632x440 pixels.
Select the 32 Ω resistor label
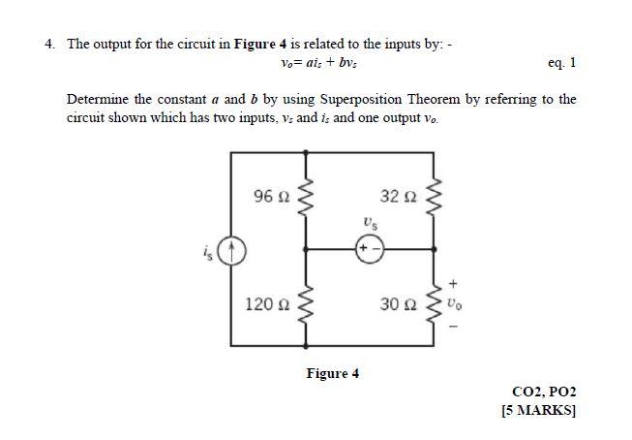tap(397, 198)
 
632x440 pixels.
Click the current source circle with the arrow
tap(232, 253)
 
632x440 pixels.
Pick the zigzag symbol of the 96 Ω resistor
tap(308, 199)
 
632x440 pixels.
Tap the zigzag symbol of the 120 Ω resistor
tap(308, 303)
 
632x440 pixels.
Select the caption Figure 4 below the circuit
tap(332, 373)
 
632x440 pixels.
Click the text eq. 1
tap(561, 63)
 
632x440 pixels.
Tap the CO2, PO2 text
tap(543, 392)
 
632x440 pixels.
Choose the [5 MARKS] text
tap(539, 410)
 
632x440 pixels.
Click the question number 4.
tap(48, 44)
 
